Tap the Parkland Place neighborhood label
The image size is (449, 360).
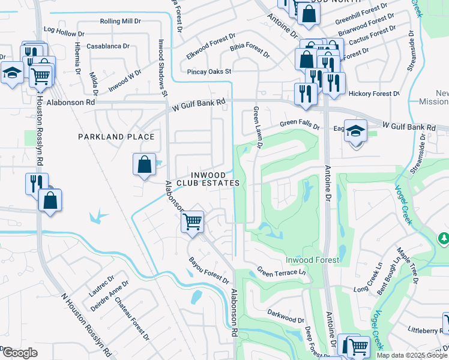click(116, 137)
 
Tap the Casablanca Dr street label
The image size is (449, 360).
click(108, 46)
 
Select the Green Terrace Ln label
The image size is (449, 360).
click(282, 272)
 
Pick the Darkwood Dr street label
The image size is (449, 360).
click(286, 313)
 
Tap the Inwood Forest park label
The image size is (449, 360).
click(312, 260)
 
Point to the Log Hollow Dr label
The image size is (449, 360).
click(66, 29)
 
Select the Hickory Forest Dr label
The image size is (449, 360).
click(373, 94)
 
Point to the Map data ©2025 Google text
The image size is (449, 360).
click(412, 355)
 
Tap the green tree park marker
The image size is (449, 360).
click(444, 239)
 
